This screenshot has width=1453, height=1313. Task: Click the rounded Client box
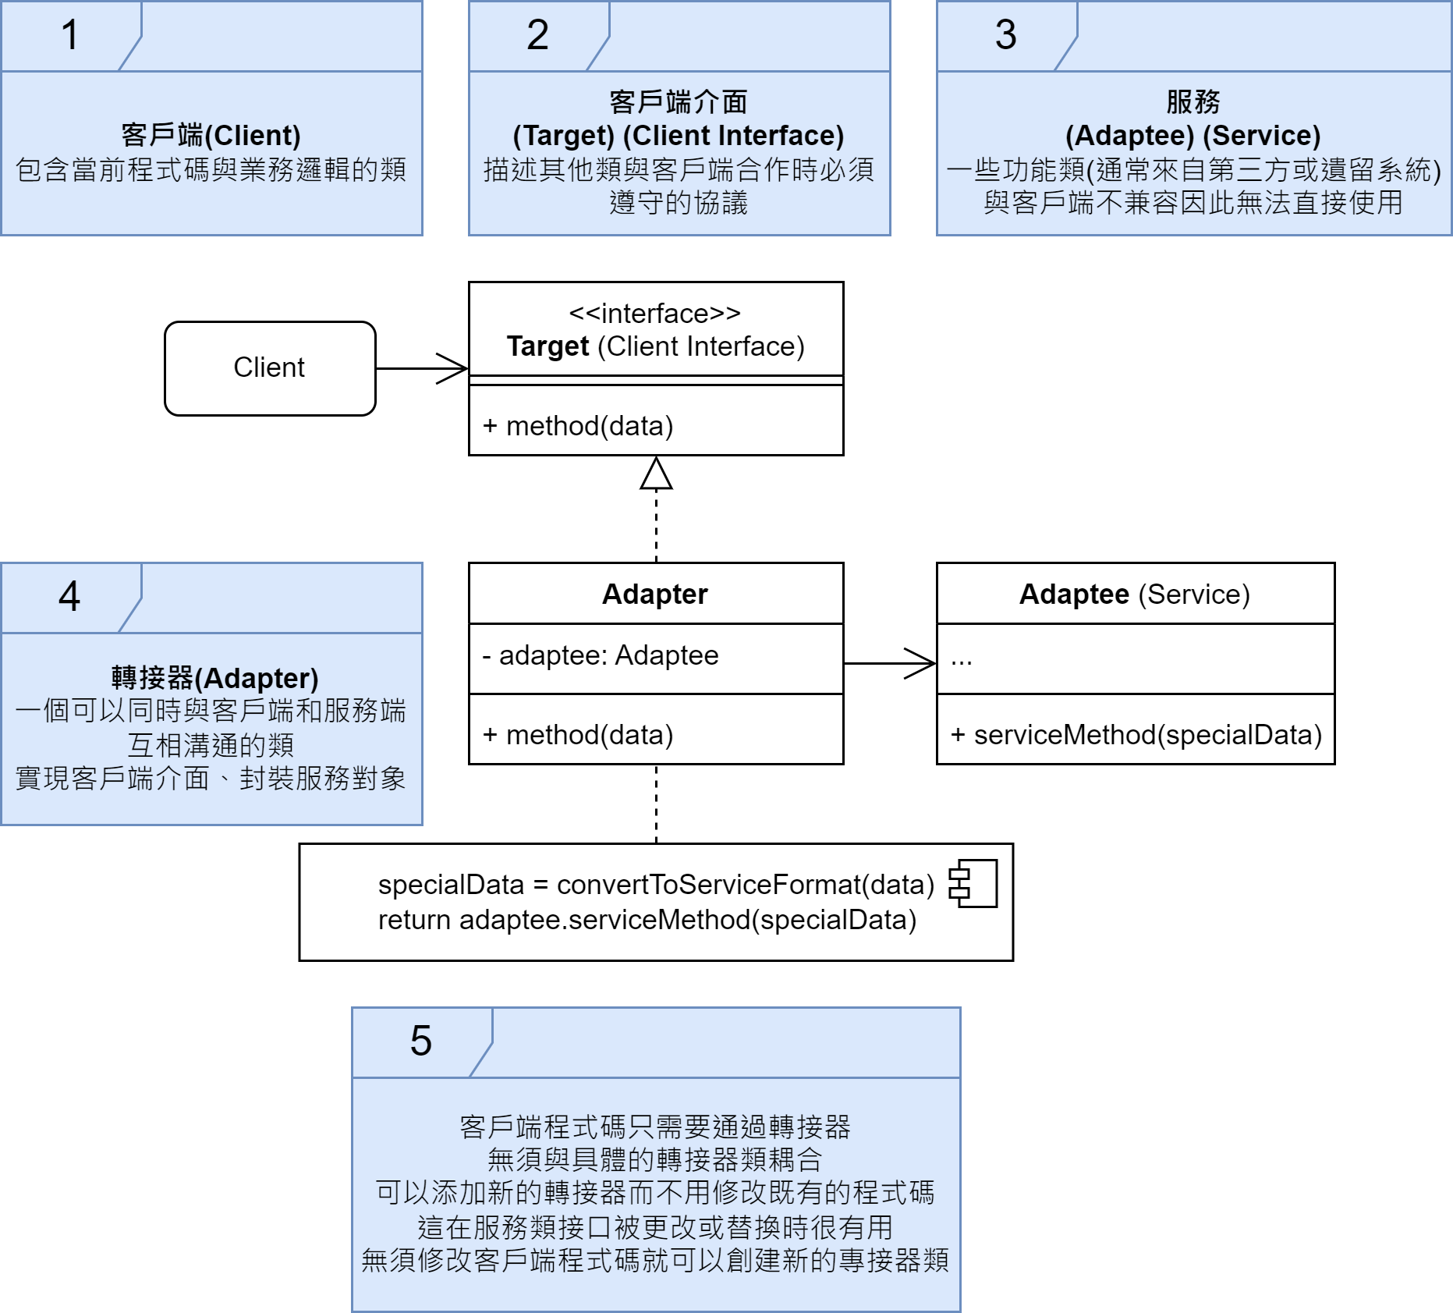pos(270,367)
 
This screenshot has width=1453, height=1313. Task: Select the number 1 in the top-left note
pos(70,35)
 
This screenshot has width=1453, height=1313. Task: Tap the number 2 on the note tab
pos(537,35)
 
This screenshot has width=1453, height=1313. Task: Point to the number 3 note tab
pos(1005,35)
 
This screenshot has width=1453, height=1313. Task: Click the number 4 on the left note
pos(69,597)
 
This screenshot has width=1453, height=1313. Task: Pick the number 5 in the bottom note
pos(420,1041)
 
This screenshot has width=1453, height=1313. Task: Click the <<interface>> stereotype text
pos(655,314)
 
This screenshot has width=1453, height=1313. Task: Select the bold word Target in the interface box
pos(548,346)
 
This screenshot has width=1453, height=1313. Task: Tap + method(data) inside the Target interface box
pos(578,426)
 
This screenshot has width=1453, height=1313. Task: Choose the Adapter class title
pos(655,594)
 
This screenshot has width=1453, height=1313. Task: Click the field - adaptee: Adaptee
pos(601,655)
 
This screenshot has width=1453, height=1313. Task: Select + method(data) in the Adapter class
pos(578,735)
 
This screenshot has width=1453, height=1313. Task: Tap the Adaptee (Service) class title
pos(1134,594)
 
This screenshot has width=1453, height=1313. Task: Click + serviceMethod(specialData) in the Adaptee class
pos(1136,735)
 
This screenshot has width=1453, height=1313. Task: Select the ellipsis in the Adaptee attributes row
pos(961,660)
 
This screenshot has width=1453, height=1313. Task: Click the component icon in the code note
pos(973,884)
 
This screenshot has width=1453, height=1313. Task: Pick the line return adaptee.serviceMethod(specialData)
pos(647,920)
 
